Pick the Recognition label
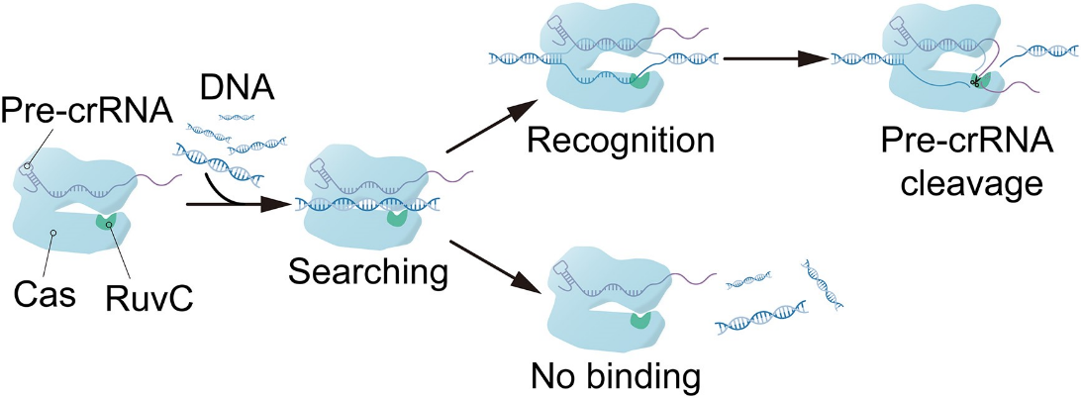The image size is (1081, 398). click(x=621, y=141)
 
